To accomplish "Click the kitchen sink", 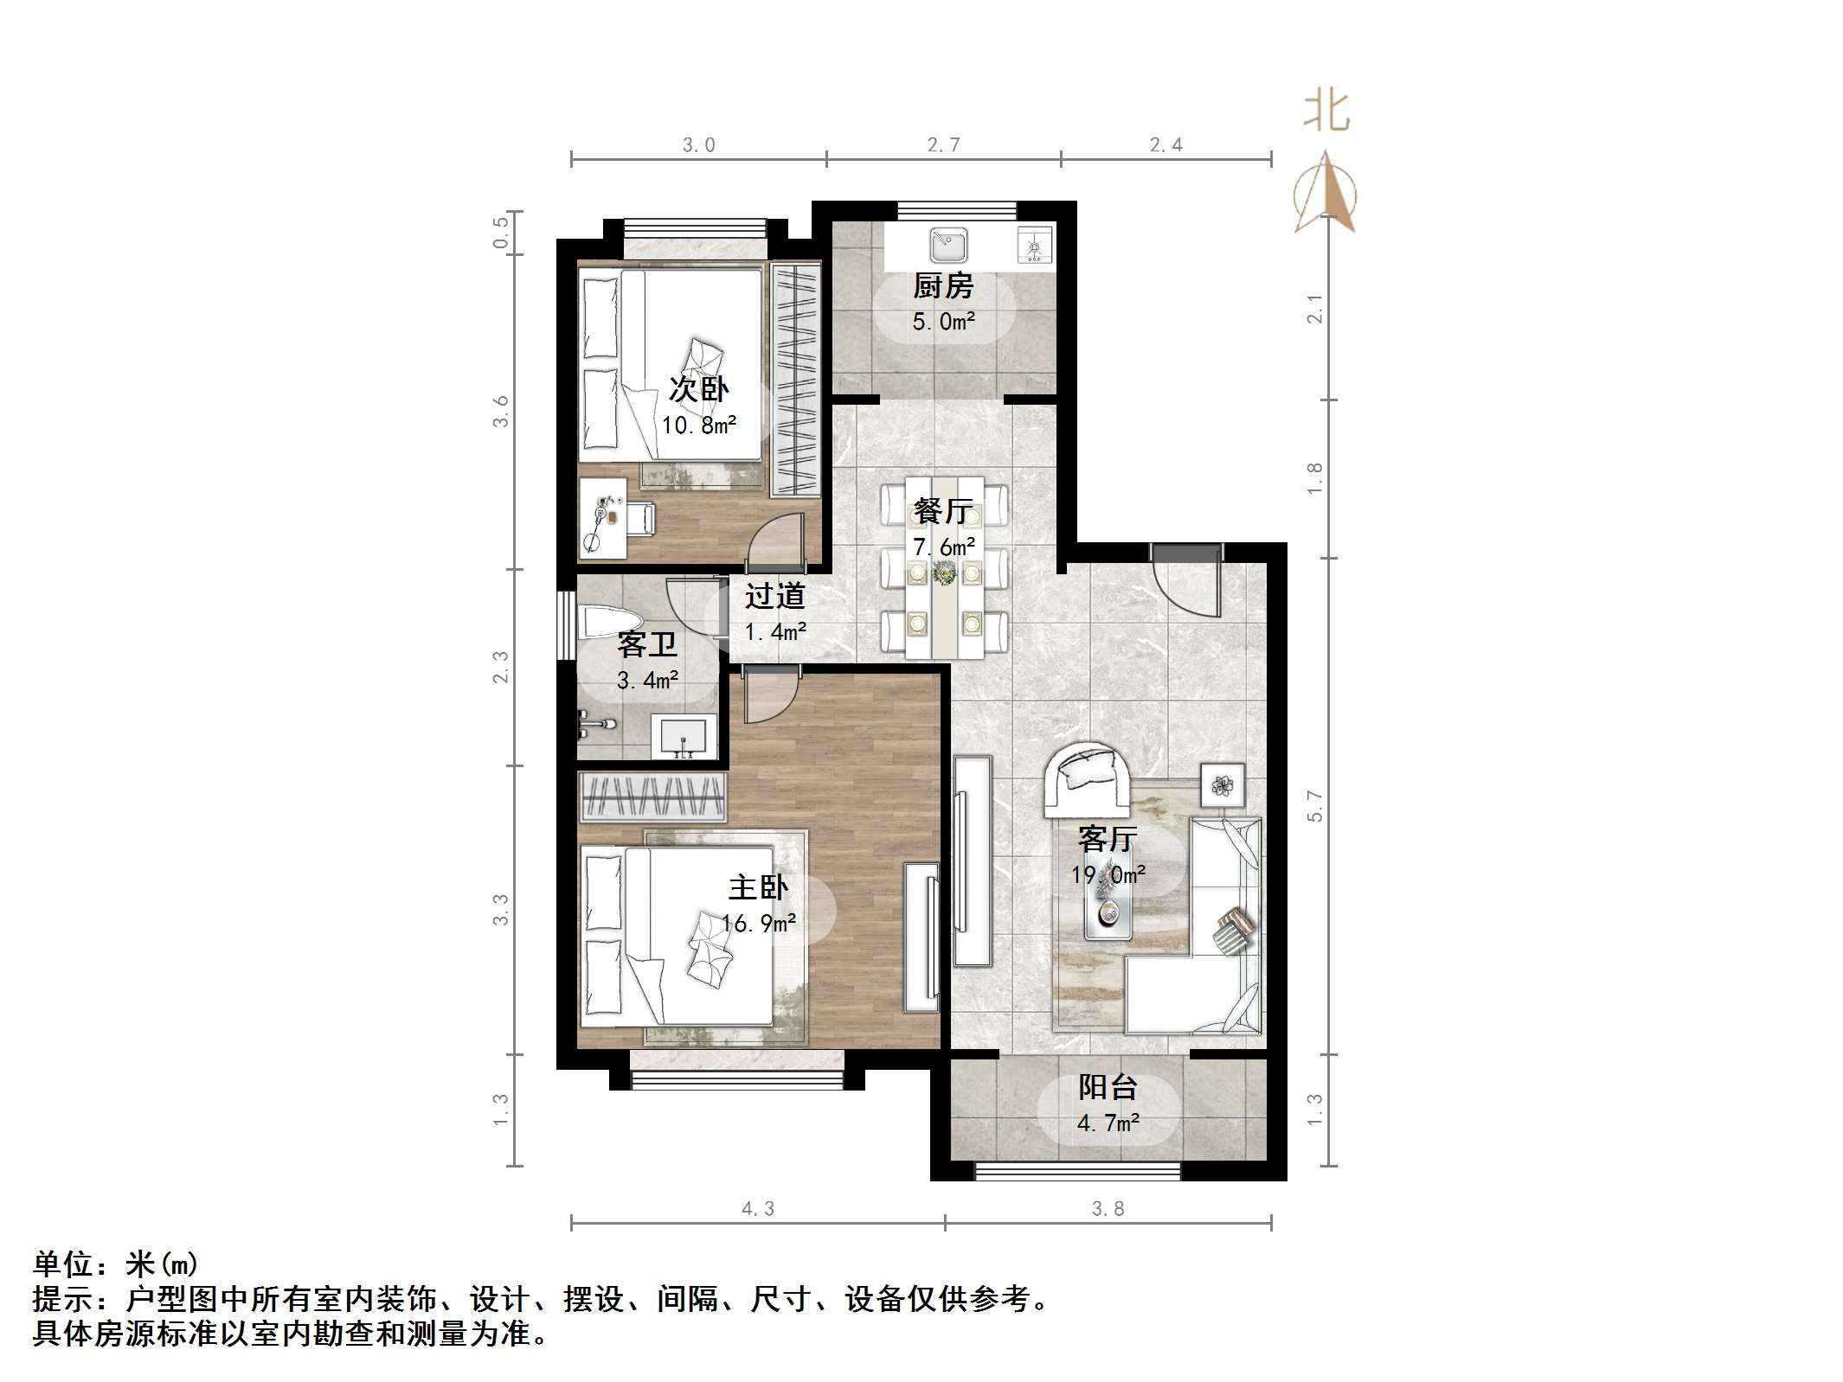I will click(947, 245).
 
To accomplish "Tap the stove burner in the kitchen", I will click(1034, 244).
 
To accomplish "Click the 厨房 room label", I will click(942, 285).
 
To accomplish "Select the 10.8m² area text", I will click(699, 425).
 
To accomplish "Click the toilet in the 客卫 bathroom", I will click(610, 623).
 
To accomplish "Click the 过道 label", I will click(775, 596).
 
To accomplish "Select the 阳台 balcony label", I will click(1108, 1087).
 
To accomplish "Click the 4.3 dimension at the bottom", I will click(758, 1209).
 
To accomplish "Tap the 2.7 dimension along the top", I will click(943, 145).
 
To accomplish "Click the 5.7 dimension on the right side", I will click(1315, 806).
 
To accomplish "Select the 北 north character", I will click(1326, 112).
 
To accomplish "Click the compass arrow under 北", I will click(1326, 195).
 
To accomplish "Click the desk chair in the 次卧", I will click(640, 519).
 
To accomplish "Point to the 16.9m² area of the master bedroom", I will click(759, 924).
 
